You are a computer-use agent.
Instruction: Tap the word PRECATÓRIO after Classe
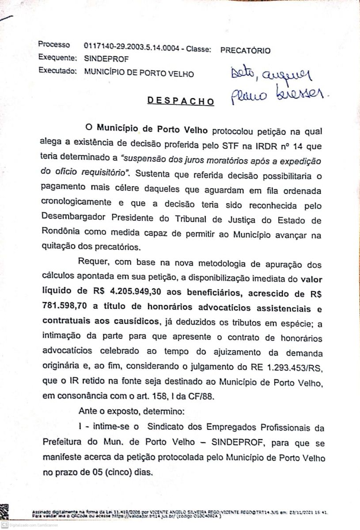point(245,50)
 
